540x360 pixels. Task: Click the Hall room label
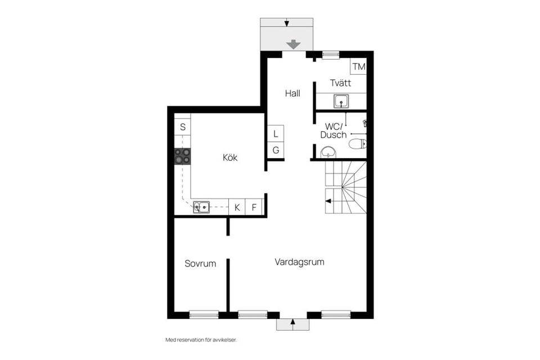[292, 93]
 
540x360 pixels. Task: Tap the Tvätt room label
[340, 83]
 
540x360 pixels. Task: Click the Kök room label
[229, 157]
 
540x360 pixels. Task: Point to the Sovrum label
[200, 263]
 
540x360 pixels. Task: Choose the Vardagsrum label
[299, 262]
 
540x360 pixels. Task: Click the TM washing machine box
[358, 67]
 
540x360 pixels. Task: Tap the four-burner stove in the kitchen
[182, 156]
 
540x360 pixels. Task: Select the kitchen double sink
[201, 207]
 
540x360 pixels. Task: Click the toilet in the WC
[357, 144]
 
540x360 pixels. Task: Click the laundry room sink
[340, 102]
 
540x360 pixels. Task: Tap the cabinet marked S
[182, 127]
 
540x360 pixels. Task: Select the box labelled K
[237, 207]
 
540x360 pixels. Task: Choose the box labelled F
[254, 207]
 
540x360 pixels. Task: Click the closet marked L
[276, 134]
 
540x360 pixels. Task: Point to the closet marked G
[276, 150]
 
